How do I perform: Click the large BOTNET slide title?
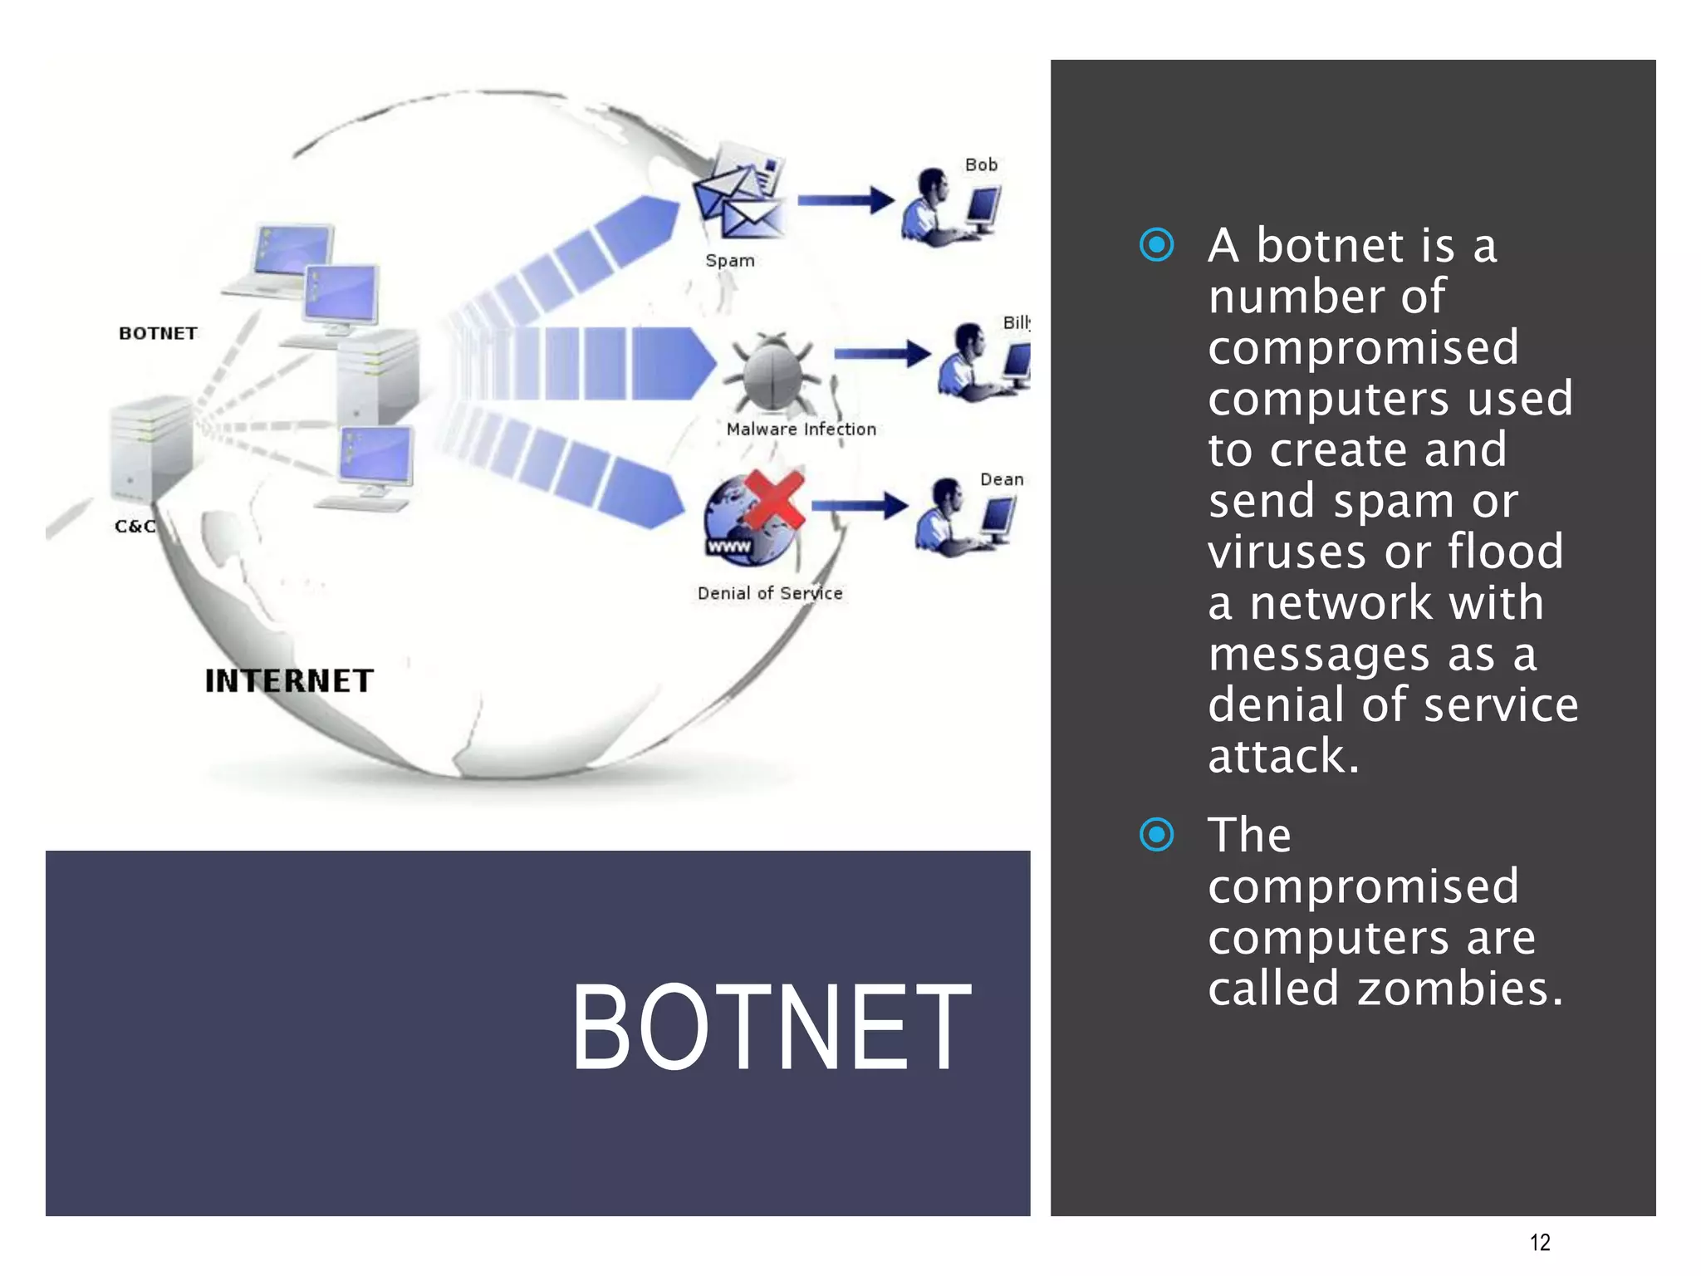tap(771, 1027)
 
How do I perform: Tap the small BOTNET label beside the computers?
tap(158, 333)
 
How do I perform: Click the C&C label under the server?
tap(135, 527)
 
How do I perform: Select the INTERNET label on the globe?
tap(289, 681)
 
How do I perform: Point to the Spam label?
tap(730, 261)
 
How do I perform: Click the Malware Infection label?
tap(801, 429)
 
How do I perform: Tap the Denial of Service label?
tap(769, 593)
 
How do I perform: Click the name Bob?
tap(981, 165)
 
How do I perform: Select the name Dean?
tap(1001, 479)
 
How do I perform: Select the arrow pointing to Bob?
tap(845, 200)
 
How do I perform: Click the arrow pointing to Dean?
tap(859, 505)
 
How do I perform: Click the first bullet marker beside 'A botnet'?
tap(1157, 245)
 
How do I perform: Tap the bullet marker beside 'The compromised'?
tap(1157, 835)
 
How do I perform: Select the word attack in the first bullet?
tap(1282, 756)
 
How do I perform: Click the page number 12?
tap(1540, 1242)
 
